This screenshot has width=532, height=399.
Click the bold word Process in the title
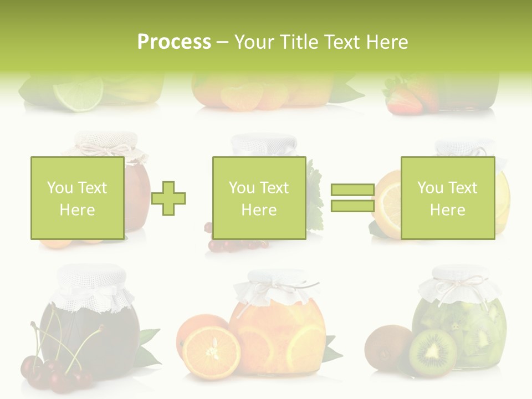[174, 42]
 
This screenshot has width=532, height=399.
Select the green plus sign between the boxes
[168, 198]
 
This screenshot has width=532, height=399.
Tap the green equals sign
[352, 198]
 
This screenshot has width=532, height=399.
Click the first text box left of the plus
[77, 198]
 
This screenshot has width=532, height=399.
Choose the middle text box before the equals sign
[259, 198]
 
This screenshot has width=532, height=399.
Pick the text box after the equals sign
[447, 198]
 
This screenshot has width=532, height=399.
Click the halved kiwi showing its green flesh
[433, 353]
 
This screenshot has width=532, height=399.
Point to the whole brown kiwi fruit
[388, 348]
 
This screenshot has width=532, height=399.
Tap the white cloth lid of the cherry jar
[91, 283]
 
